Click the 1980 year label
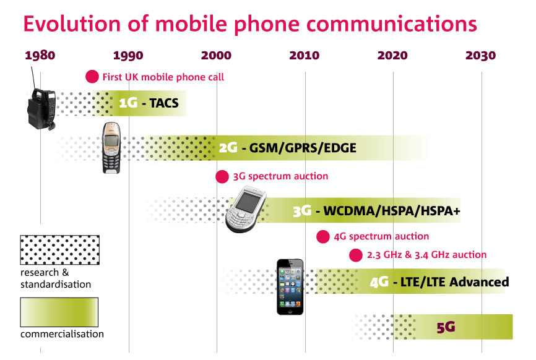coord(40,56)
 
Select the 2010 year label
coord(305,56)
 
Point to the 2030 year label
coord(480,56)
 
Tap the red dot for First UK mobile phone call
coord(92,77)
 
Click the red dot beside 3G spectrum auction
coord(222,176)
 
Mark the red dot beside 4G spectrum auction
coord(323,236)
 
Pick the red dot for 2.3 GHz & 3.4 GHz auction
coord(356,255)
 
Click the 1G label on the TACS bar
coord(128,103)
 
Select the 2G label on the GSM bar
coord(228,148)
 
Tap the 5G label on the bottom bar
coord(446,327)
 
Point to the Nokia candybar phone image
coord(111,148)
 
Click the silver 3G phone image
coord(246,212)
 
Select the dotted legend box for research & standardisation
coord(59,250)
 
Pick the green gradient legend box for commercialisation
coord(59,312)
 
